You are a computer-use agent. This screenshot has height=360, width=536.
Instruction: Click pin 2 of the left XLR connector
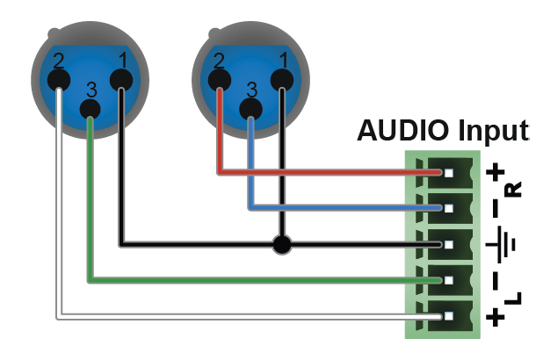click(x=59, y=81)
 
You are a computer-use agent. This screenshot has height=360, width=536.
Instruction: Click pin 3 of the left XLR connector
click(x=90, y=109)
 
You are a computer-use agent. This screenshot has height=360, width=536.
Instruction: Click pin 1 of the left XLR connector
click(x=121, y=81)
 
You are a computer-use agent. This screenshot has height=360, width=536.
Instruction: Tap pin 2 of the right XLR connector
click(x=219, y=81)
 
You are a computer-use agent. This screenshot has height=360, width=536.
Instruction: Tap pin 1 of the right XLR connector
click(x=281, y=81)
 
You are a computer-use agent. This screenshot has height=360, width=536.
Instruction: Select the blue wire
click(x=334, y=208)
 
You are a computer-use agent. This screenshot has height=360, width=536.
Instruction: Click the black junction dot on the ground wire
click(x=281, y=244)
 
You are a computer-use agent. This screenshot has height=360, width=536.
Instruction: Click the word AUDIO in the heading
click(x=402, y=132)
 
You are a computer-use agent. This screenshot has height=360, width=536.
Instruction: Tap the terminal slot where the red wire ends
click(x=448, y=172)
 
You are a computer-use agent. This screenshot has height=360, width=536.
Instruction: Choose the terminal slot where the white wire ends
click(x=448, y=317)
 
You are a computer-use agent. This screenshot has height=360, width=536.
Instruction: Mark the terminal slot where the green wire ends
click(x=448, y=281)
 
